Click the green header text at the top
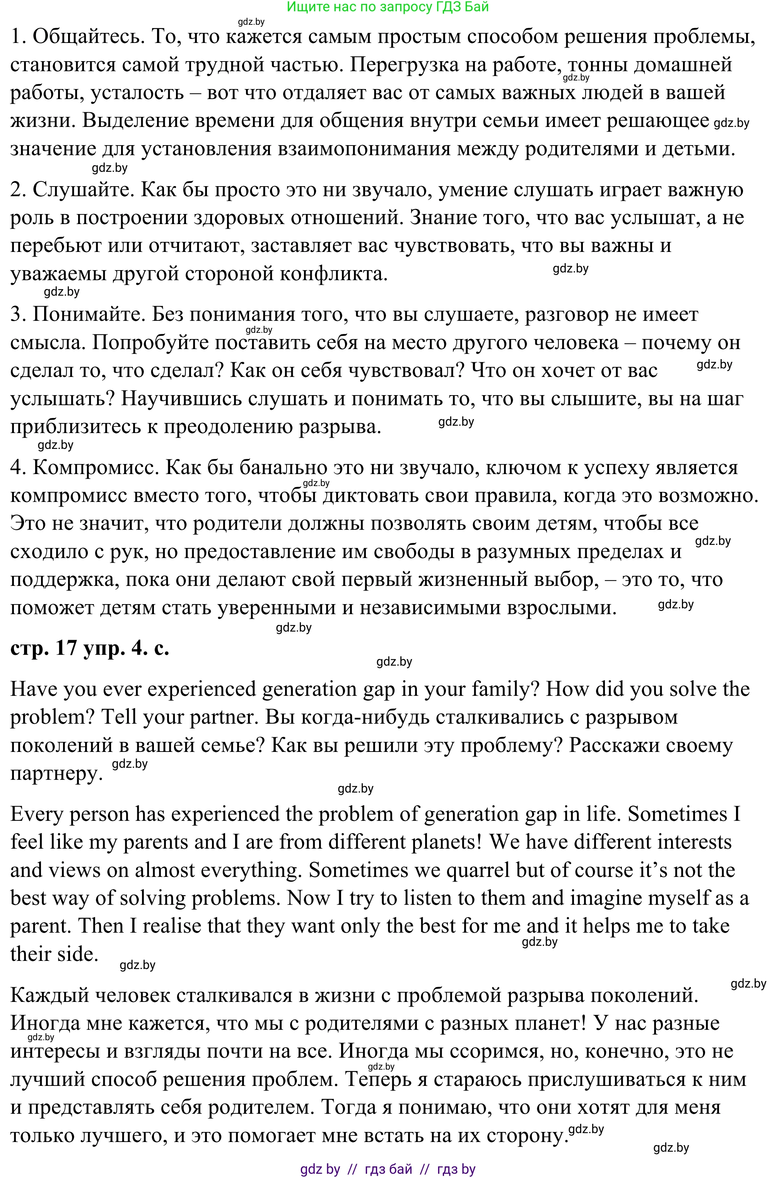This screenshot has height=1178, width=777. click(x=388, y=7)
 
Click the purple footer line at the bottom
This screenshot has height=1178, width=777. click(x=388, y=1169)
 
